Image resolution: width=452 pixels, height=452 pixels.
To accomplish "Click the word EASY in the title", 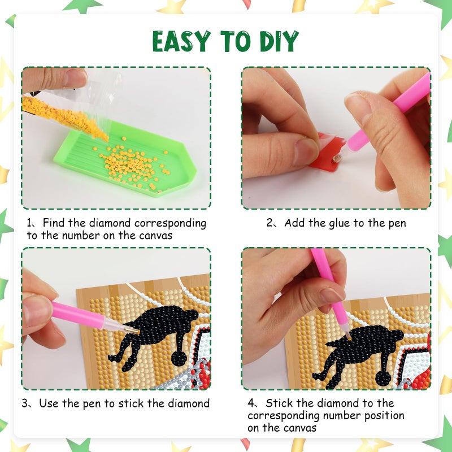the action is (181, 41).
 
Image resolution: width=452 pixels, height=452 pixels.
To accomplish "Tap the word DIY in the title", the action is (279, 41).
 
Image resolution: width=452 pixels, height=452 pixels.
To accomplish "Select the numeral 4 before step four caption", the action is (251, 403).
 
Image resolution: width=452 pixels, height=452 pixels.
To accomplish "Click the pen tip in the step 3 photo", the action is (137, 332).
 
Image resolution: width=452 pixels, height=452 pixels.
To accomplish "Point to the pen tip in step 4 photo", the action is (349, 337).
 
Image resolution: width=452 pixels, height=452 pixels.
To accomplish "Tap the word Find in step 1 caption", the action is (54, 223).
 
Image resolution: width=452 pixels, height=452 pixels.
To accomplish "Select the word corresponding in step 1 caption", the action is (170, 224).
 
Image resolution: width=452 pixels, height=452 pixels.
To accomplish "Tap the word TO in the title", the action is (235, 41).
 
